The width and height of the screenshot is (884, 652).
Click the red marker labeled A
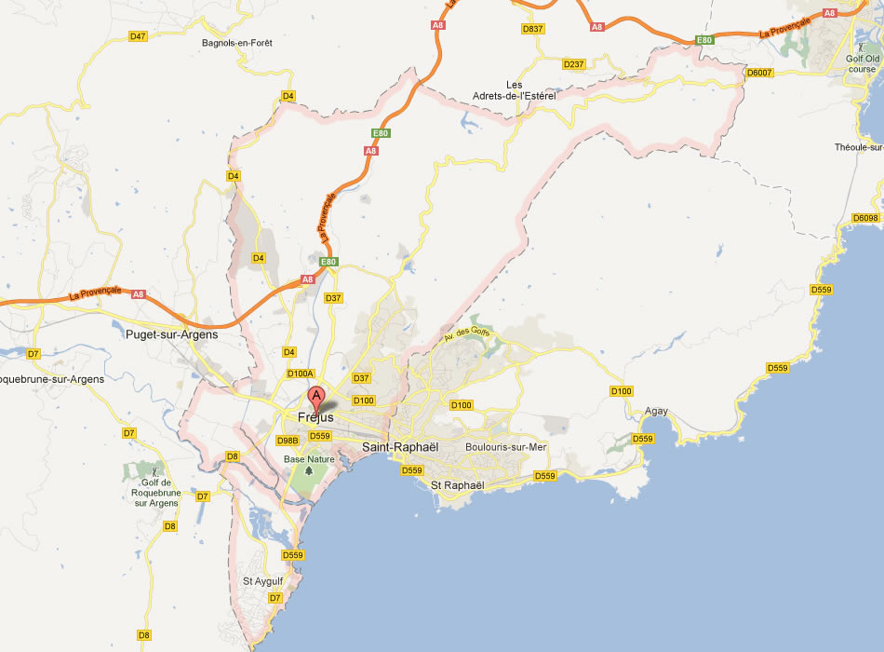click(317, 398)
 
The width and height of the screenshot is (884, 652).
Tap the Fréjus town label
click(315, 417)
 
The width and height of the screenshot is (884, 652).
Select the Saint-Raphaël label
click(399, 447)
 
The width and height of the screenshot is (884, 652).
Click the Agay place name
click(656, 411)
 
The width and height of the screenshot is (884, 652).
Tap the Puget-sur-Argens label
click(171, 334)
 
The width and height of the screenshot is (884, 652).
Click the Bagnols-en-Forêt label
click(237, 43)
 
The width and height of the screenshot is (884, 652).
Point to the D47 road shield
click(138, 36)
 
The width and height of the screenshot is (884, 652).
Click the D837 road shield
click(532, 29)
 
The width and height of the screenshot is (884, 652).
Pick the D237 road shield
click(574, 64)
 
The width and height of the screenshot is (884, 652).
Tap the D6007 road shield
click(760, 73)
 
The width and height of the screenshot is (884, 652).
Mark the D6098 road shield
click(865, 218)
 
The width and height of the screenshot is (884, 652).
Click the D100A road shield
click(301, 374)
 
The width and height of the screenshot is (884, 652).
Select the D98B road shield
click(288, 441)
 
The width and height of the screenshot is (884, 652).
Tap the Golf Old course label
click(862, 63)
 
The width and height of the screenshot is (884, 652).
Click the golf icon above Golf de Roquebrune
click(155, 469)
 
